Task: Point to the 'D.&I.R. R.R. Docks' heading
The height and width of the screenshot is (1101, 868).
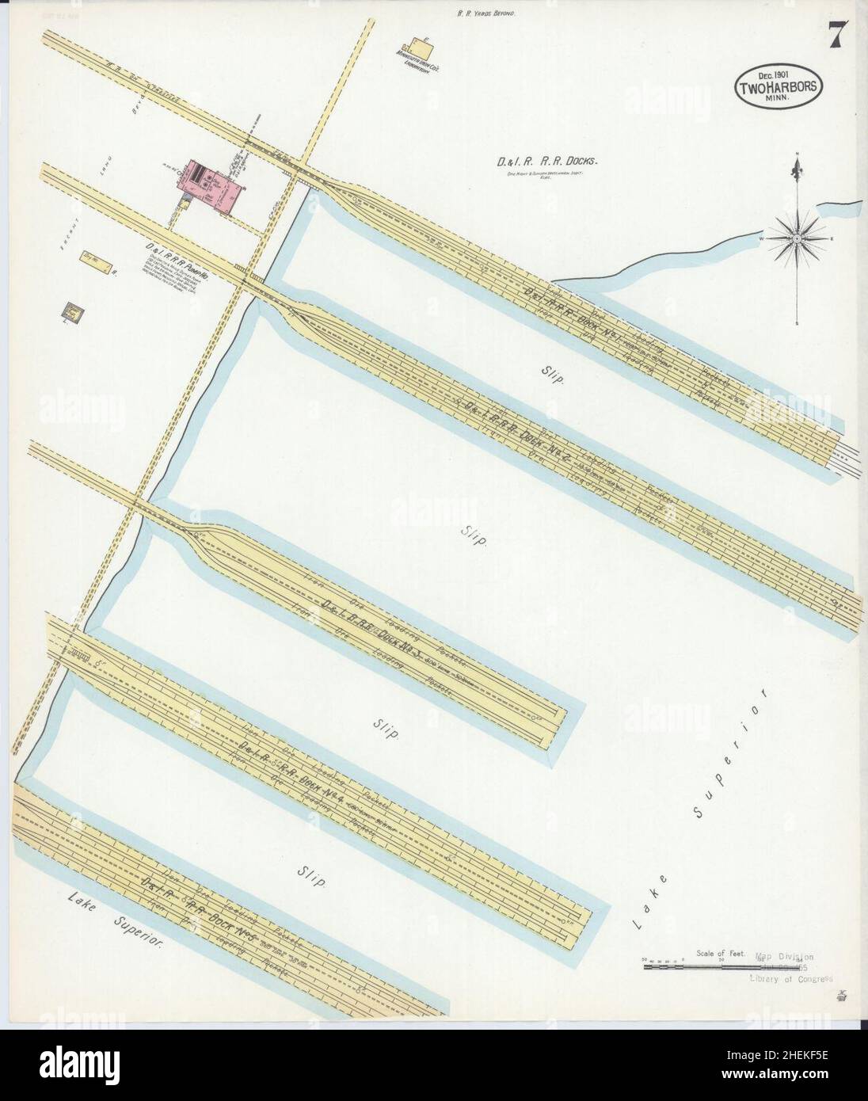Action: click(x=545, y=162)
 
